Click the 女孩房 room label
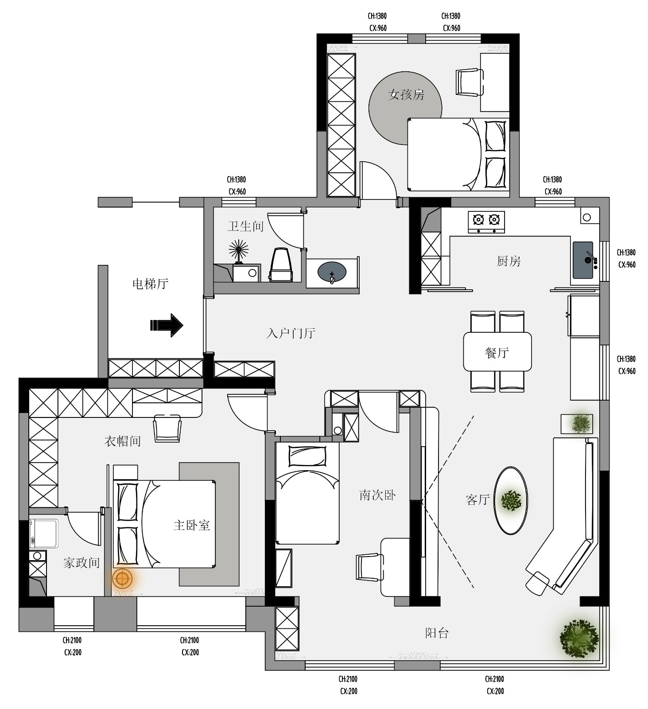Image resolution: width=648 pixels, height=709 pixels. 406,94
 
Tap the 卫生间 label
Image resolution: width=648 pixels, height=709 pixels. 245,226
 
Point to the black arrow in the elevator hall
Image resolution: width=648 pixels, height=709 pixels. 167,325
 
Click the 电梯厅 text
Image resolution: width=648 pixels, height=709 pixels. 151,284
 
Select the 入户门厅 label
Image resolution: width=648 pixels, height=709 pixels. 291,333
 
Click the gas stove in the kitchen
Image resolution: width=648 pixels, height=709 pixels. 486,222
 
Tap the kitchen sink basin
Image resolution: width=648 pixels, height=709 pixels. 583,260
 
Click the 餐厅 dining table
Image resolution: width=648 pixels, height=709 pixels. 497,351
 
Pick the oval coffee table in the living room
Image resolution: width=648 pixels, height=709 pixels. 511,500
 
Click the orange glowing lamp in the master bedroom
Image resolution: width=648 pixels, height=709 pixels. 122,579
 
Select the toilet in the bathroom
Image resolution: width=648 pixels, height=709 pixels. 281,265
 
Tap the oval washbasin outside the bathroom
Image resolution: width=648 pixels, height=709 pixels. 332,272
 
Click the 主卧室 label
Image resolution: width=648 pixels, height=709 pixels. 191,525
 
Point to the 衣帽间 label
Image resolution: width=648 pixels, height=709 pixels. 123,441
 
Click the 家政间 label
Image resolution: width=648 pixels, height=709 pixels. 81,563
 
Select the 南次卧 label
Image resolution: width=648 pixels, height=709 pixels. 377,495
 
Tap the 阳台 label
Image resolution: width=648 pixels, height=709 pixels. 437,633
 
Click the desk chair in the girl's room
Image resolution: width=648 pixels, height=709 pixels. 470,82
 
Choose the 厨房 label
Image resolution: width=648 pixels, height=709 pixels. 508,261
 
